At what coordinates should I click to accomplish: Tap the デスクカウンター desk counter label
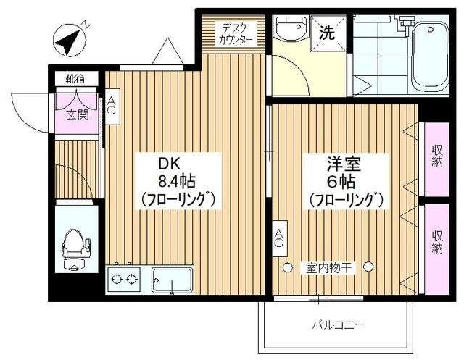coord(236,34)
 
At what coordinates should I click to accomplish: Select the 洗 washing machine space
coord(328,33)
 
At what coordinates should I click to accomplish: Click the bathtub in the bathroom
coord(429,56)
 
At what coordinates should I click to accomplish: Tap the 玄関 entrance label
coord(77,114)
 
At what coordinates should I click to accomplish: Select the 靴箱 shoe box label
coord(75,78)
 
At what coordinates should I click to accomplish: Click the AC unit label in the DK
coord(112,106)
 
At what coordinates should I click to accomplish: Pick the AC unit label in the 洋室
coord(278,238)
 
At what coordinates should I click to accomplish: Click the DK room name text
coord(168,162)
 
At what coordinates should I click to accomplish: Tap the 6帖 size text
coord(344,180)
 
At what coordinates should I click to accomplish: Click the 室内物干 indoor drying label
coord(326,268)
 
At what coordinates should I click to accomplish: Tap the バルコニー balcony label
coord(339,324)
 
